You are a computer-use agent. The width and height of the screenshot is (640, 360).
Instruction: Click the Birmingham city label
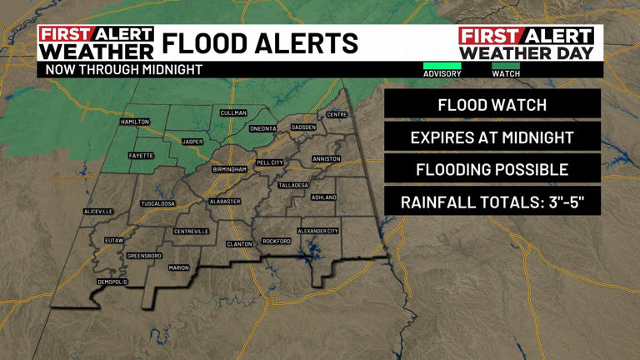click(x=229, y=169)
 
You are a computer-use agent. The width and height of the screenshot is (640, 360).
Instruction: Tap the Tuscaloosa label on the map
click(x=157, y=203)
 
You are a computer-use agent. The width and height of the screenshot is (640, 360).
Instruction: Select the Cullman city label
click(x=233, y=112)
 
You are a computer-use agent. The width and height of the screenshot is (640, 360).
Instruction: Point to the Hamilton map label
click(x=135, y=122)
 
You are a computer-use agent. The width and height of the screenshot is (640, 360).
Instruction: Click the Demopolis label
click(x=112, y=282)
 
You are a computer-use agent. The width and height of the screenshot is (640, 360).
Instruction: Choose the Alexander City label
click(x=318, y=231)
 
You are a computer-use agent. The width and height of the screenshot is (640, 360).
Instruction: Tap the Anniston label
click(x=327, y=158)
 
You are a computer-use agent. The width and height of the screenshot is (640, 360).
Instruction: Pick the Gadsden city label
click(x=303, y=127)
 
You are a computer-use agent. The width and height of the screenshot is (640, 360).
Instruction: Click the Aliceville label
click(x=97, y=212)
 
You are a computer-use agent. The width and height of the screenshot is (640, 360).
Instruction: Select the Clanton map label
click(x=239, y=244)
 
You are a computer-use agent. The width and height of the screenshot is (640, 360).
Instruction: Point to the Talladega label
click(x=293, y=185)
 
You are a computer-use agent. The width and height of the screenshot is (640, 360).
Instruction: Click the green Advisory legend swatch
click(x=442, y=66)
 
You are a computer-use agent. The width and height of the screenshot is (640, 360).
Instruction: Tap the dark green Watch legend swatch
click(x=506, y=66)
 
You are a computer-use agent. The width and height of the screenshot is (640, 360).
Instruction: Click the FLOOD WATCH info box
click(x=492, y=105)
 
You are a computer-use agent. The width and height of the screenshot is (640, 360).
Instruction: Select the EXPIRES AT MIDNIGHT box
click(x=492, y=137)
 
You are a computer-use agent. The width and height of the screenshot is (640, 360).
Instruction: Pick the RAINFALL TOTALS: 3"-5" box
click(x=492, y=202)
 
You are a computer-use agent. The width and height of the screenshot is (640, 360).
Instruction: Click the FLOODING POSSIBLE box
click(x=492, y=170)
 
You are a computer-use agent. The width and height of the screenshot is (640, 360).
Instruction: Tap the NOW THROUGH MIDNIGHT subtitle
click(x=124, y=70)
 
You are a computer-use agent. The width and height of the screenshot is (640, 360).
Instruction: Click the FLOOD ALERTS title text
click(x=259, y=43)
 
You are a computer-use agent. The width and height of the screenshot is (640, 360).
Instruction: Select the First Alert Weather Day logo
click(x=527, y=43)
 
